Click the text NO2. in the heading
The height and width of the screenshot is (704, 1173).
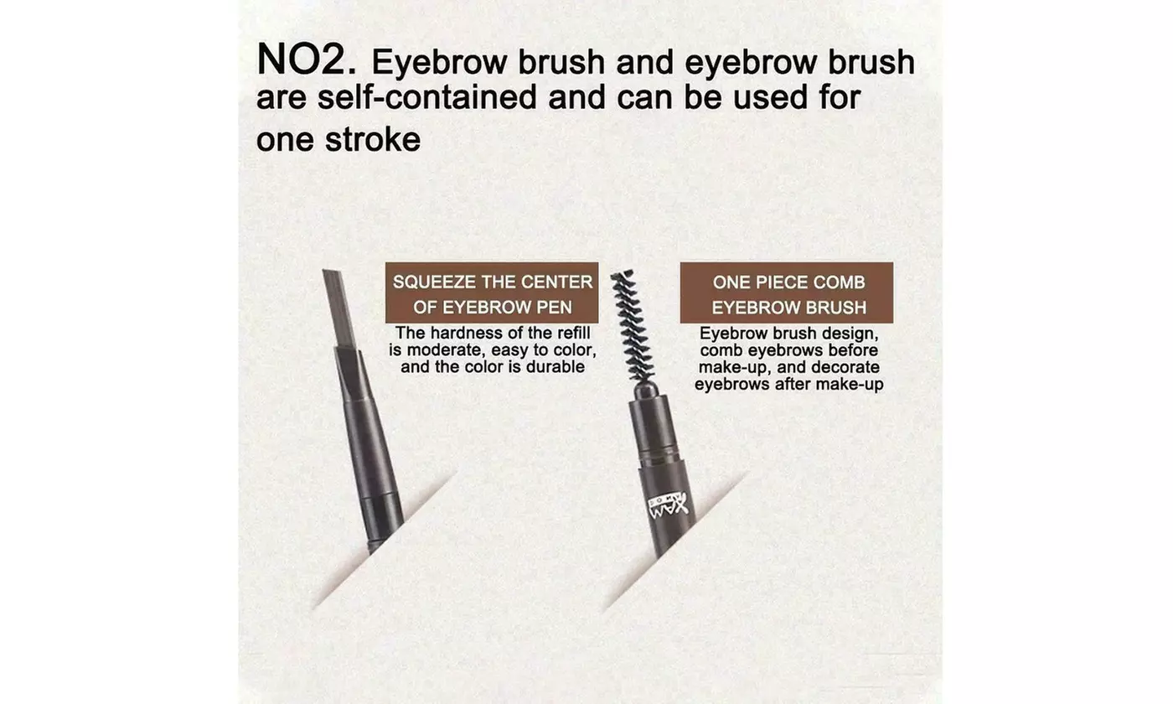coord(307,60)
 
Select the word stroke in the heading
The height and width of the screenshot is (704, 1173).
coord(373,140)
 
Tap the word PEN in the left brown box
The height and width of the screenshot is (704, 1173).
coord(555,308)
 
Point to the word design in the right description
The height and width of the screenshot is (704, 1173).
coord(847,334)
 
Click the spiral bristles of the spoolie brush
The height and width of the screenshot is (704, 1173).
coord(633,325)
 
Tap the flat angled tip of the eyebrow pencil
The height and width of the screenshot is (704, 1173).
coord(339,309)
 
